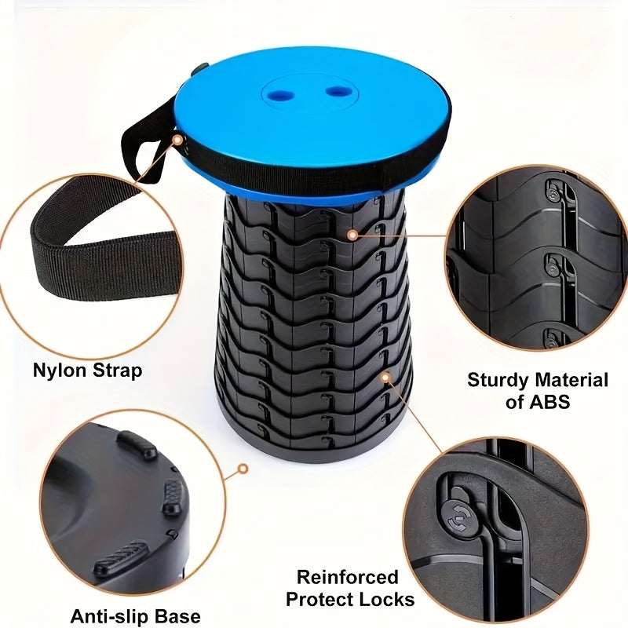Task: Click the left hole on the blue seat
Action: (x=279, y=95)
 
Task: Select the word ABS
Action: (x=547, y=403)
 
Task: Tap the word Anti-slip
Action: (x=103, y=615)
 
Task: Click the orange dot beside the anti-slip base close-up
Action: (x=243, y=469)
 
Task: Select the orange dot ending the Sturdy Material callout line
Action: (x=352, y=234)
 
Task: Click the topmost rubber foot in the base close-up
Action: (x=137, y=445)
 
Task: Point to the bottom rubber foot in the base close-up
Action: (x=121, y=556)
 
